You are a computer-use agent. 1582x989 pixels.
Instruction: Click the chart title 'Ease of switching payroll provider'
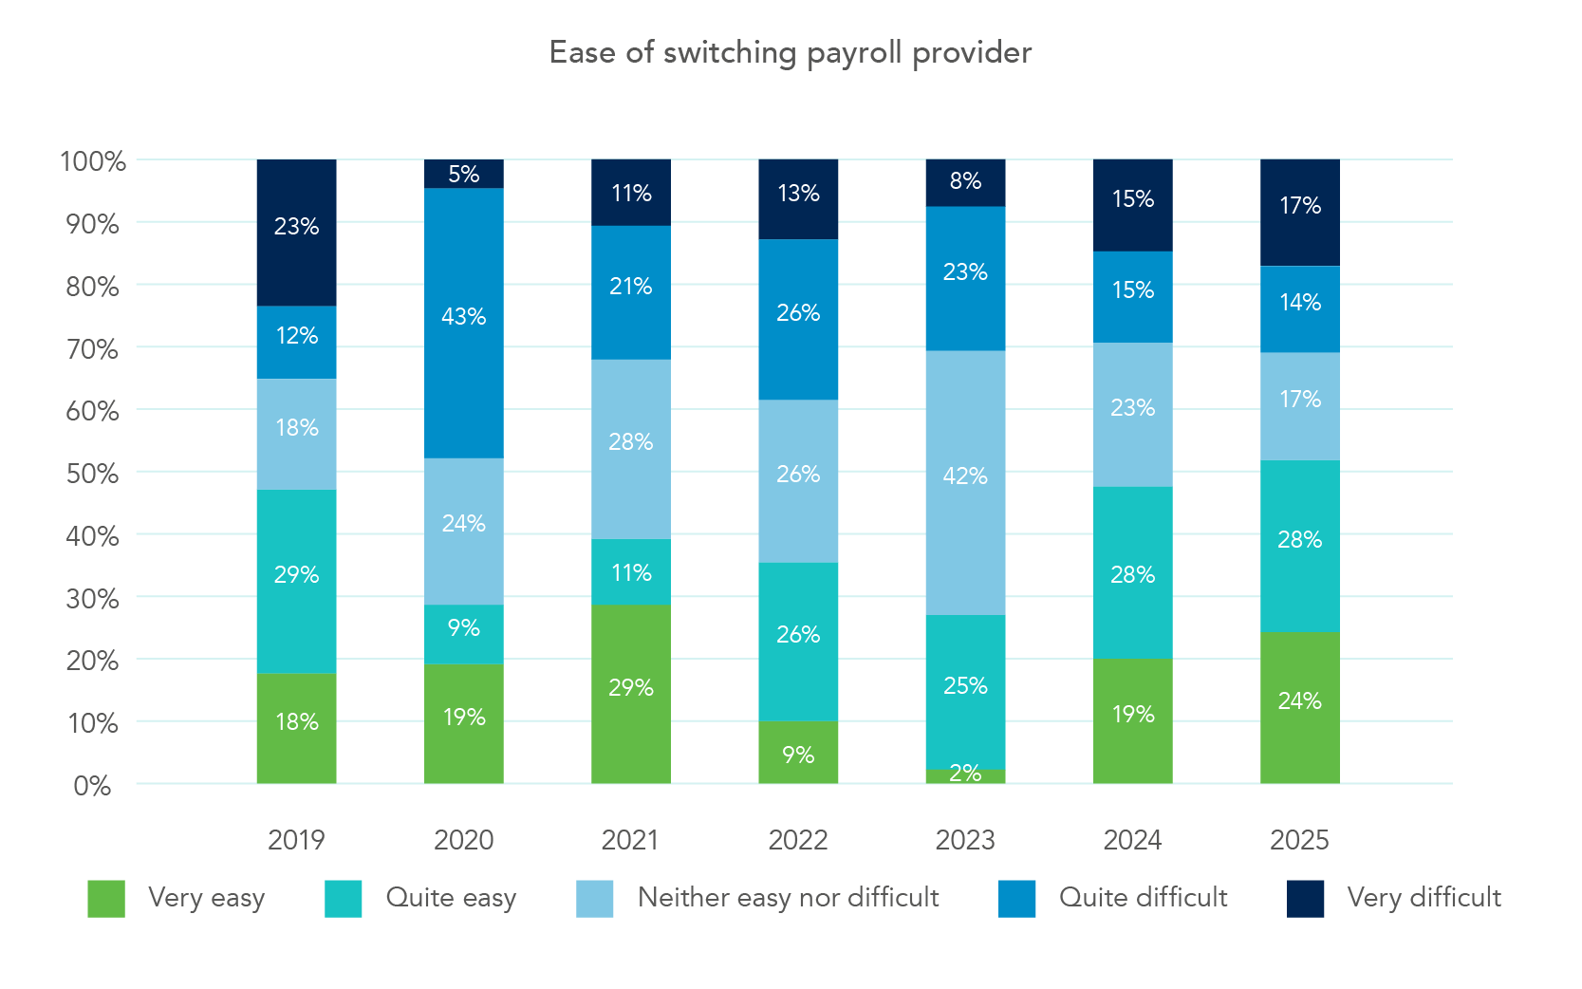[x=790, y=53]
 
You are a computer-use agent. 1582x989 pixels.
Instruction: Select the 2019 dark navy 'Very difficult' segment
[x=296, y=233]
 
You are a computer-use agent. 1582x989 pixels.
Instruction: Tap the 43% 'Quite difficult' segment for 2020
[x=463, y=323]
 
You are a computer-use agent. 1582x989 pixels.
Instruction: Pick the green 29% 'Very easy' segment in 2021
[x=631, y=694]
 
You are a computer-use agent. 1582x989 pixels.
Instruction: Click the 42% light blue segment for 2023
[x=965, y=482]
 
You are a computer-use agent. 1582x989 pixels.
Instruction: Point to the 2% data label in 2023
[x=965, y=774]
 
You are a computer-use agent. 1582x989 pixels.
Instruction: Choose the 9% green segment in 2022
[x=798, y=753]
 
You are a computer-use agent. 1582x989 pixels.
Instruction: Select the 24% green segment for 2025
[x=1299, y=707]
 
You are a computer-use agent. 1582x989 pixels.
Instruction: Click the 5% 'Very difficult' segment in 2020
[x=463, y=174]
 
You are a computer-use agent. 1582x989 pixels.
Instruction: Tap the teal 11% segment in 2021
[x=631, y=572]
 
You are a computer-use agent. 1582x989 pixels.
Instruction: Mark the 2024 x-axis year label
[x=1132, y=840]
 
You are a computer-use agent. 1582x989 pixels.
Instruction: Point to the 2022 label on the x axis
[x=798, y=840]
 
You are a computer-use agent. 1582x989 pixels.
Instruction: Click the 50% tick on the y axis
[x=92, y=474]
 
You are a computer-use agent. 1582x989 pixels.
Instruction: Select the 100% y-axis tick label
[x=92, y=161]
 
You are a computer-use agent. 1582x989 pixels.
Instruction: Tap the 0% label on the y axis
[x=92, y=786]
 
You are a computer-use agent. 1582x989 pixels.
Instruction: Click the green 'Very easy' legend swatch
[x=106, y=899]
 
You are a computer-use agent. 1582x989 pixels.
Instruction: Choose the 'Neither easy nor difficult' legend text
[x=788, y=897]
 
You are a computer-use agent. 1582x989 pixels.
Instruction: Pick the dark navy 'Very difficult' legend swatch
[x=1305, y=899]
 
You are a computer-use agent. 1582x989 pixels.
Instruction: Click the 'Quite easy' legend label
[x=451, y=897]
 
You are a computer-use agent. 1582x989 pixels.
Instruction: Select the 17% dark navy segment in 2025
[x=1299, y=213]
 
